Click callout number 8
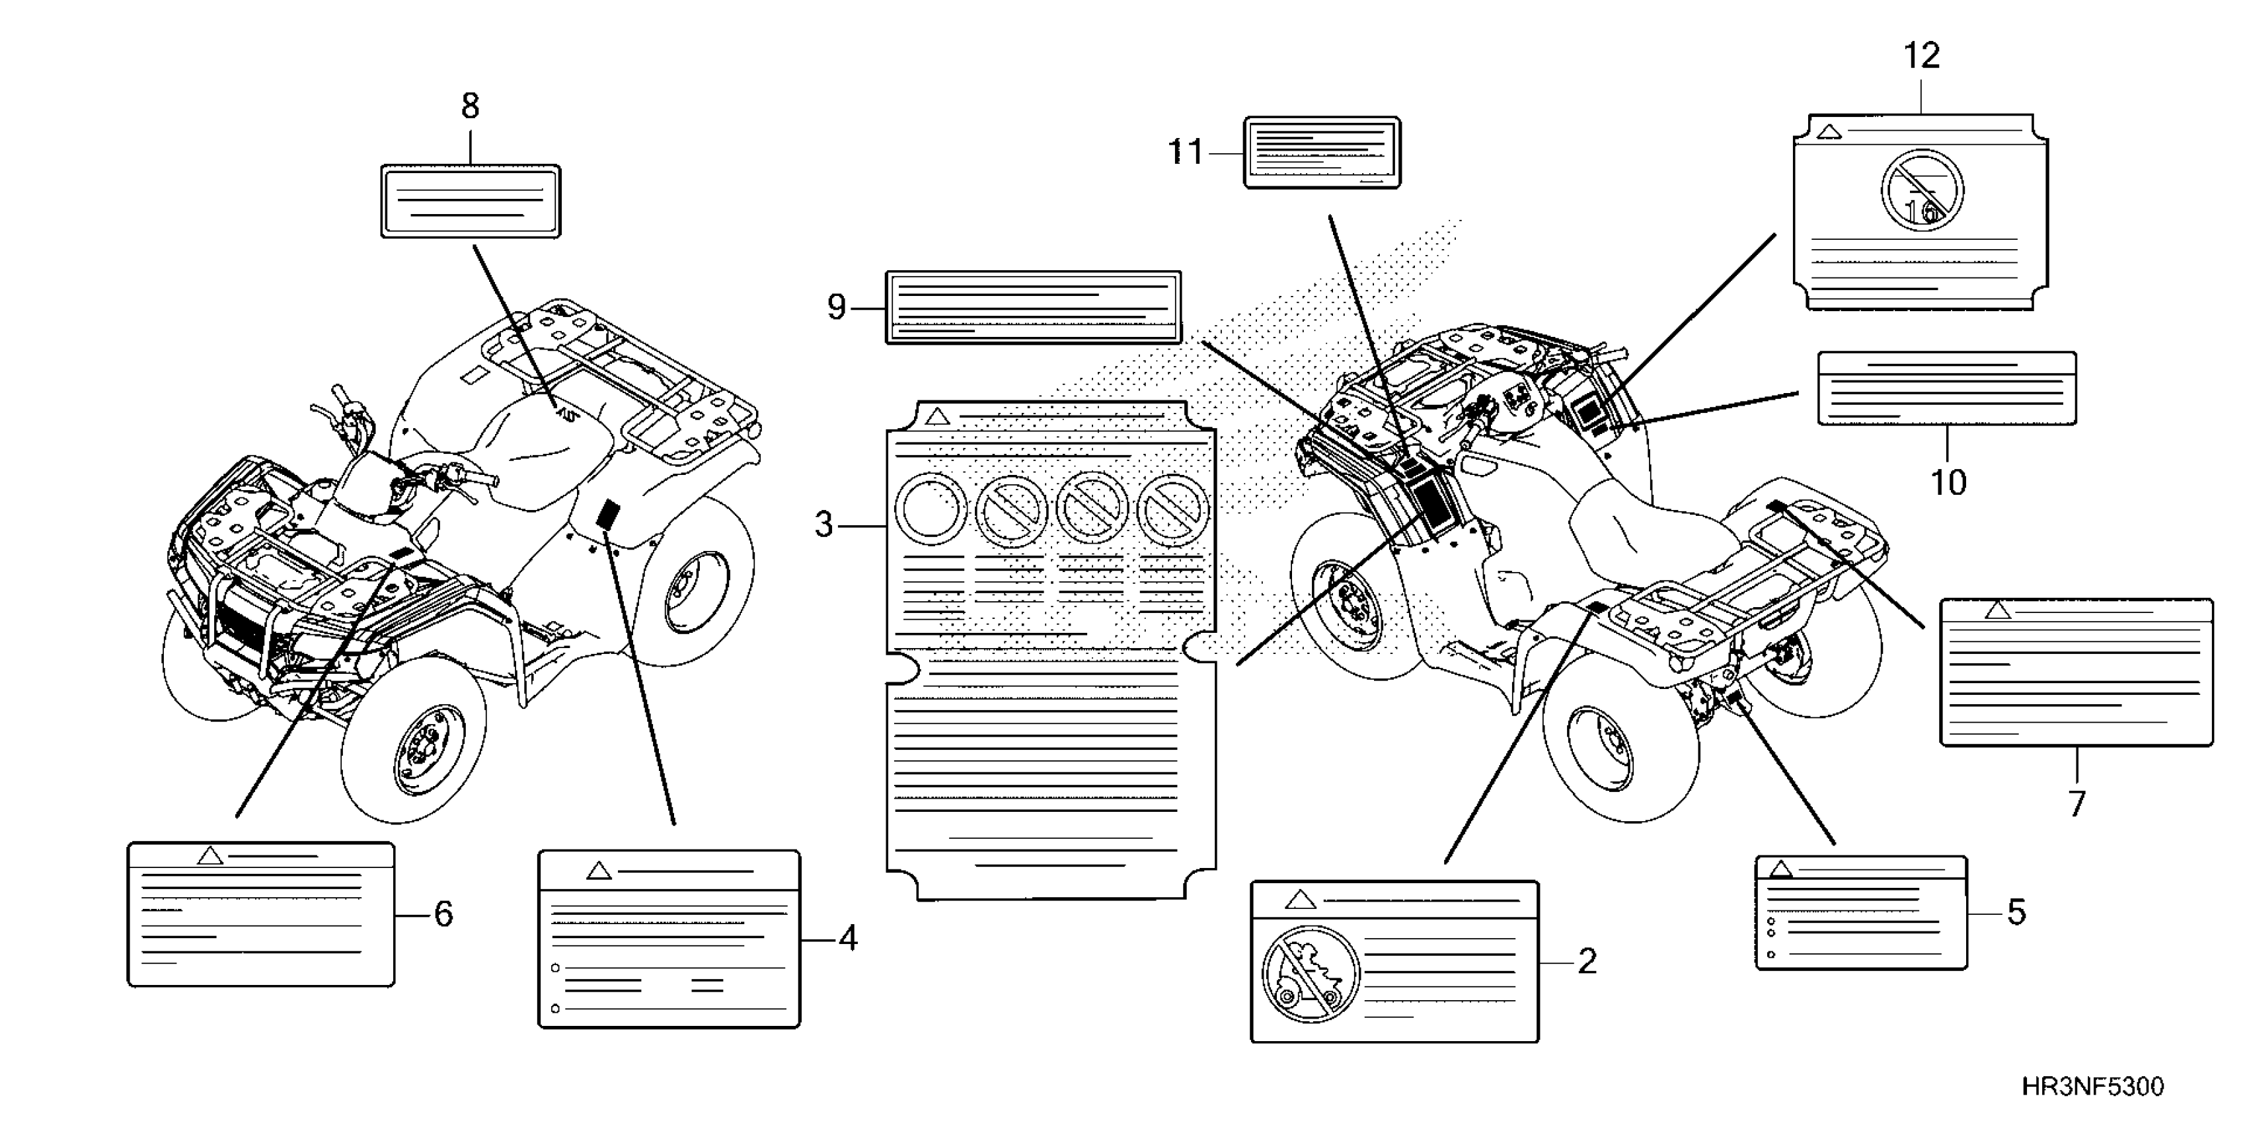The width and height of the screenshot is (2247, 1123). [x=470, y=106]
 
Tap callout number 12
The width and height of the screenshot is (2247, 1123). [x=1922, y=55]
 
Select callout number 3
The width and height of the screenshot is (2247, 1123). [x=823, y=525]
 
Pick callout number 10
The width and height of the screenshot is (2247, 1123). [x=1948, y=482]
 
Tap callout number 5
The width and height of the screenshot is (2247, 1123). [x=2016, y=912]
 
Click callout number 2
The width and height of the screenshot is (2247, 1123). [x=1587, y=961]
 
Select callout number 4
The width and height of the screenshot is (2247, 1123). [x=848, y=938]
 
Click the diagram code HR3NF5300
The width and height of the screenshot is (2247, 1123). [x=2092, y=1087]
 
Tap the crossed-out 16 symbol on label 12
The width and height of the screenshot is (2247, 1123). [x=1922, y=190]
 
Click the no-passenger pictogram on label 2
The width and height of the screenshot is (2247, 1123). [x=1310, y=973]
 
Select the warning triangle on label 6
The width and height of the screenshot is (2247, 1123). [x=209, y=855]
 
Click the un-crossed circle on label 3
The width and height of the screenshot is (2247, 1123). [x=931, y=509]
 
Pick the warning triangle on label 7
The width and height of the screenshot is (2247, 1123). [x=1998, y=610]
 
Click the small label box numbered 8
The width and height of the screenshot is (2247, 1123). [x=470, y=201]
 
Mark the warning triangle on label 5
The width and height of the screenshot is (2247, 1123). [x=1781, y=869]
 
